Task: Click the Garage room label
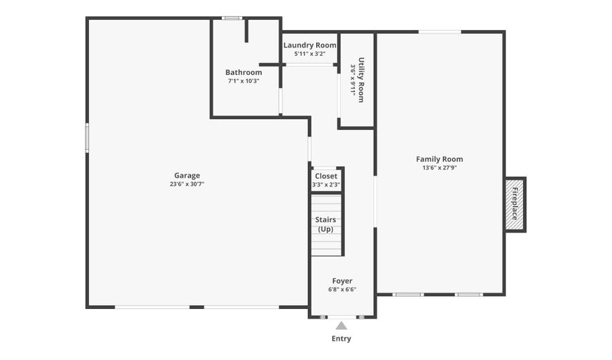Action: pos(187,176)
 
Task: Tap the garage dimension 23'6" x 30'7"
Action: pos(187,184)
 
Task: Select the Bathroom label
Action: pos(243,72)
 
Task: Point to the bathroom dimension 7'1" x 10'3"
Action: pos(243,81)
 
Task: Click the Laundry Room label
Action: pos(310,46)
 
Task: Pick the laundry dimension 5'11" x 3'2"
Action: pos(310,54)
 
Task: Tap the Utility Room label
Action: pos(361,80)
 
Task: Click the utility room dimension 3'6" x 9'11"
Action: pos(352,80)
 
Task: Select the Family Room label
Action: pos(439,159)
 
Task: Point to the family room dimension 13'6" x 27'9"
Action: pos(439,168)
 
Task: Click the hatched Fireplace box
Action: pos(515,205)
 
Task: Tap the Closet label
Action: pos(326,176)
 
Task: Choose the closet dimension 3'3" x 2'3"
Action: pos(326,184)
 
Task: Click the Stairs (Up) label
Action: pos(326,225)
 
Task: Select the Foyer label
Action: pos(342,281)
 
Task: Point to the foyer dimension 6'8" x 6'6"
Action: pos(342,290)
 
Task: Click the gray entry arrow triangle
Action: pos(341,326)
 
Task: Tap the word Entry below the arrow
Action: pos(341,338)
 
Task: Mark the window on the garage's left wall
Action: pos(87,137)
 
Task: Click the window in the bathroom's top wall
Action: pos(232,18)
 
